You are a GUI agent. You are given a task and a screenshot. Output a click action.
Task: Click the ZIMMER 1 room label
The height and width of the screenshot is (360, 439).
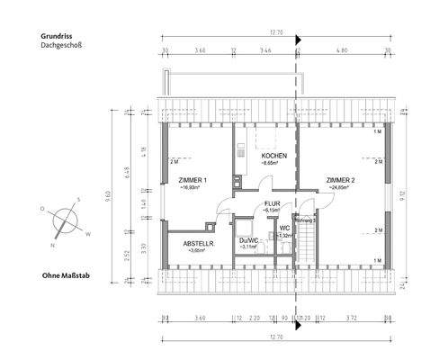[x=193, y=180]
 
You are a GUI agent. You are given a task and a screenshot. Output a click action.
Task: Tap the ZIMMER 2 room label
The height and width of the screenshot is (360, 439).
[x=340, y=180]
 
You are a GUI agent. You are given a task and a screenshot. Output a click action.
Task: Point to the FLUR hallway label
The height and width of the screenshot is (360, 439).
[x=273, y=203]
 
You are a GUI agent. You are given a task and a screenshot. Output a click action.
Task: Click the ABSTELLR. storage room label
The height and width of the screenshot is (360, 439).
[x=197, y=243]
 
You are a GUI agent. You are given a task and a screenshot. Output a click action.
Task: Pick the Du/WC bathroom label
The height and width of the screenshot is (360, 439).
[x=249, y=239]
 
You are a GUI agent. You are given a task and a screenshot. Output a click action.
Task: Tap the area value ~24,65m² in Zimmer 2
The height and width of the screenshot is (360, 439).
[x=340, y=188]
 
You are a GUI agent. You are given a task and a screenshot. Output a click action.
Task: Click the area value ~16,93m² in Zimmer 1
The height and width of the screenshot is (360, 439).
[x=193, y=188]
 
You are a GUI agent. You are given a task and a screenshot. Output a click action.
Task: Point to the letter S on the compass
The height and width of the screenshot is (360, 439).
[x=79, y=200]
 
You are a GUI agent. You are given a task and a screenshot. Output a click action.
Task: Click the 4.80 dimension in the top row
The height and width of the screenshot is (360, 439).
[x=341, y=52]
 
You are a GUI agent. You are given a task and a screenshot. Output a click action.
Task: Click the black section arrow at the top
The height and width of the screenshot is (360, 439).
[x=299, y=40]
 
